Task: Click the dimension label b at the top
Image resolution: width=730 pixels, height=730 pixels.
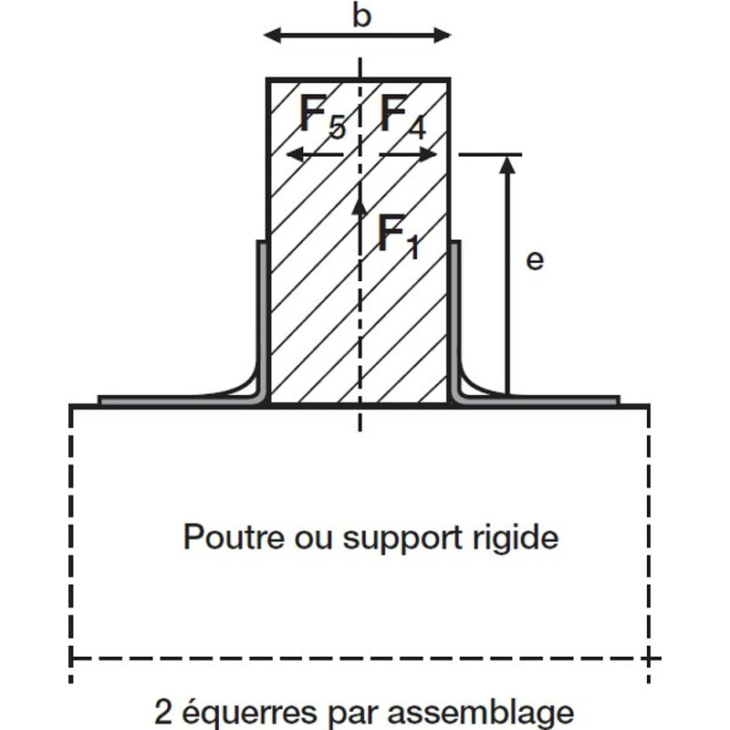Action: (361, 16)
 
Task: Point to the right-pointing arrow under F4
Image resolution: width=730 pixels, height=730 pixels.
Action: (408, 156)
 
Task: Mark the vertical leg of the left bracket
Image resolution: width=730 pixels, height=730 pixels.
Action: (261, 310)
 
